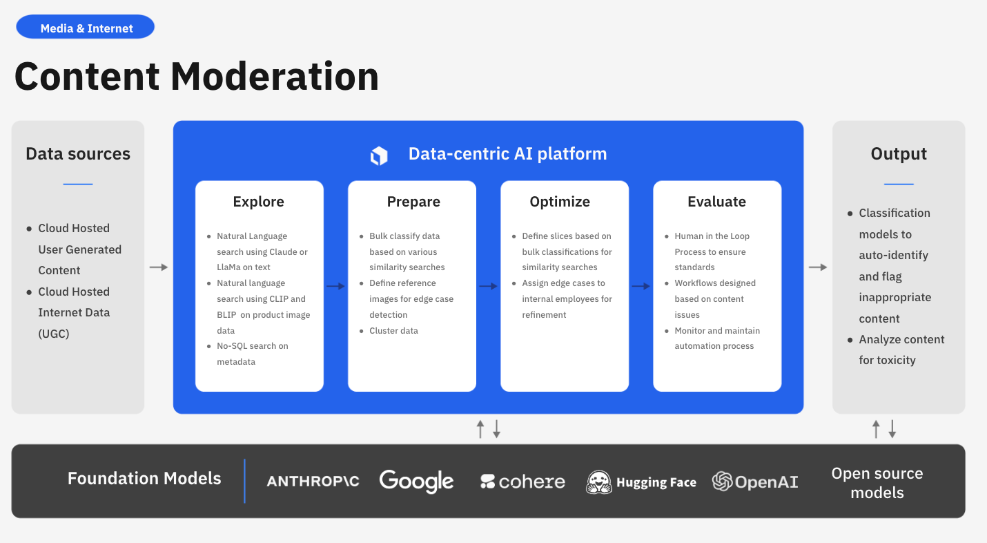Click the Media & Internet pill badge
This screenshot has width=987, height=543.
86,28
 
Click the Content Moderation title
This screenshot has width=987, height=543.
197,76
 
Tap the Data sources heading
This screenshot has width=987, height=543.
78,153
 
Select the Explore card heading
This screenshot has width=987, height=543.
259,202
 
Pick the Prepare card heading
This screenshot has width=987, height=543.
413,202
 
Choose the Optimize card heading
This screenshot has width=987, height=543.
560,202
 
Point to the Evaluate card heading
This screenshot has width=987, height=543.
716,202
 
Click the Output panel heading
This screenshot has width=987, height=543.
899,153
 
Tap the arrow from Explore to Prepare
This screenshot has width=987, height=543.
336,286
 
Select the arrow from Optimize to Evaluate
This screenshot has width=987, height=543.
641,286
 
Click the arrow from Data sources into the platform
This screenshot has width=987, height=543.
159,267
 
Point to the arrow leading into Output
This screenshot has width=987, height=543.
819,267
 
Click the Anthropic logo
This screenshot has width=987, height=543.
313,482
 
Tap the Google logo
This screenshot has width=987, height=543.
416,482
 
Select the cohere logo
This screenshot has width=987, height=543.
522,482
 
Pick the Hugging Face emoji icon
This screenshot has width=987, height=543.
598,482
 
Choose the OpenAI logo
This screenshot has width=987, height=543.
755,482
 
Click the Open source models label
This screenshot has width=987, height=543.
877,483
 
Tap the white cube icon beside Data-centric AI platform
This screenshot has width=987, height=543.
379,155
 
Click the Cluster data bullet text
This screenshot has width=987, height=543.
393,331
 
